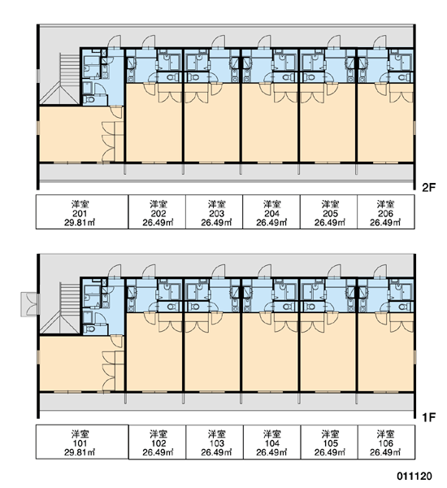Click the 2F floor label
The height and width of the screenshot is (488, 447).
[428, 187]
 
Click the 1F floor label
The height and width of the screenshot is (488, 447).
[428, 417]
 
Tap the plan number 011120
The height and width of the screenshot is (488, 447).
[414, 476]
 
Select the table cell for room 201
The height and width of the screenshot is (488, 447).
[82, 212]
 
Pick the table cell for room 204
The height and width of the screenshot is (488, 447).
[271, 212]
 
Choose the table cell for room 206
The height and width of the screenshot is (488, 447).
[386, 212]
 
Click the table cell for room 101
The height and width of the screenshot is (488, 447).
[82, 442]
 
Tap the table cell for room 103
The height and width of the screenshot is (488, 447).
[215, 442]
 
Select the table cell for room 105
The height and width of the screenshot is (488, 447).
[329, 442]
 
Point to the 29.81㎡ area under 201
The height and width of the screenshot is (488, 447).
[80, 223]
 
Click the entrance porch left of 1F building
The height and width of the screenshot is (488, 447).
[30, 304]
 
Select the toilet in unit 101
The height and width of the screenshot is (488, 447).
[90, 329]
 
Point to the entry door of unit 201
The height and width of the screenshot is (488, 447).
[114, 41]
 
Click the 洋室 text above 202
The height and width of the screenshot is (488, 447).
[158, 204]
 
